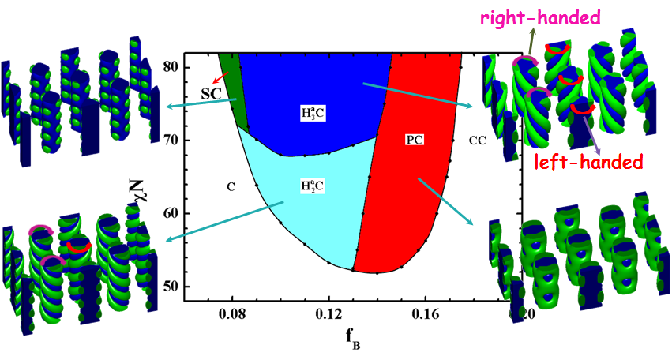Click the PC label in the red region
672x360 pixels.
(415, 139)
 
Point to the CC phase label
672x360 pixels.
(477, 141)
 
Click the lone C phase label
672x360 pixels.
(231, 187)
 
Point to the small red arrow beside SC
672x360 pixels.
(224, 77)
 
